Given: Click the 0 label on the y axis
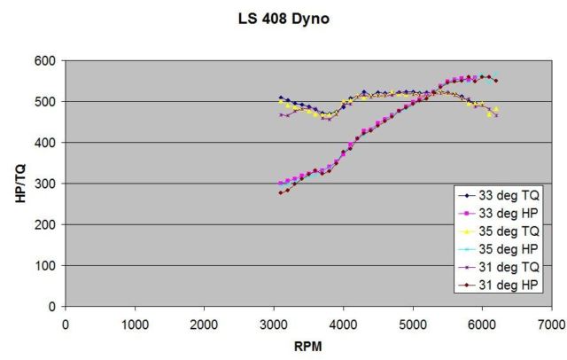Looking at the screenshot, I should coord(52,307).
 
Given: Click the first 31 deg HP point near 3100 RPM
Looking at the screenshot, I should coord(281,192).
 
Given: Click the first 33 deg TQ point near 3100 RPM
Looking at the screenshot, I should coord(281,98).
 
